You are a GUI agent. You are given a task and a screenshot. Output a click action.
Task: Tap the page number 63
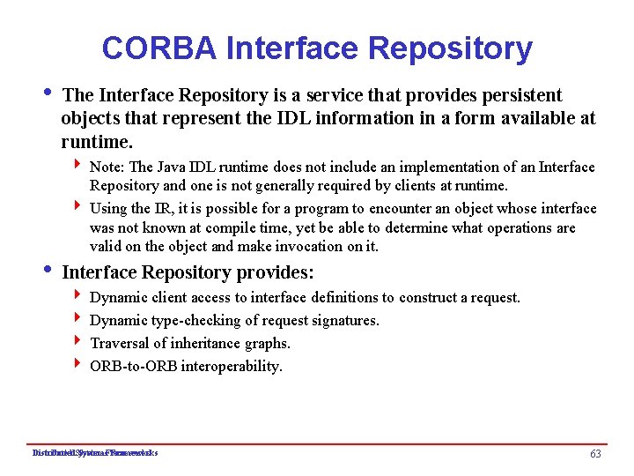click(595, 453)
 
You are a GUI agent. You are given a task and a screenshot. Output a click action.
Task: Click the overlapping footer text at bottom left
click(94, 453)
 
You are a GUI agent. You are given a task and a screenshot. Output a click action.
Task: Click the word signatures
click(344, 321)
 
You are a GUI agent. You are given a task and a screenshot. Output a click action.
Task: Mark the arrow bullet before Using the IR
click(78, 207)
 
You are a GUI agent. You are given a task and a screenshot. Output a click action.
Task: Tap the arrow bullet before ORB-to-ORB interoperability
click(78, 366)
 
